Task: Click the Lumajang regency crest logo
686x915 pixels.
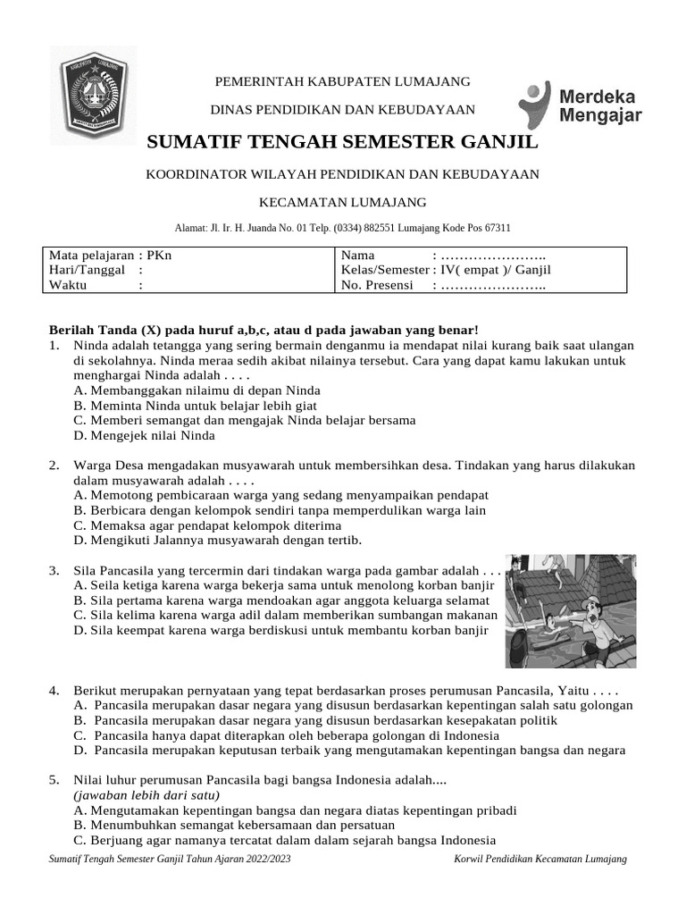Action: point(93,96)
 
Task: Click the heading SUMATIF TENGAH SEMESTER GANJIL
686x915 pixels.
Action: point(342,142)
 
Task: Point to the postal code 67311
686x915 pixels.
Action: point(496,228)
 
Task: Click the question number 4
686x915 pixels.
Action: point(54,691)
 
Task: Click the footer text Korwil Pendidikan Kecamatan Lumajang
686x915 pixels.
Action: point(540,859)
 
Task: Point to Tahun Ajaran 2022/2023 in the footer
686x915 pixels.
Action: point(244,859)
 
